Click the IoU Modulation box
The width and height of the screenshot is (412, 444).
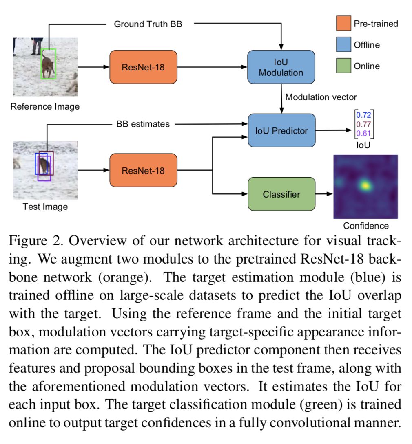(x=281, y=67)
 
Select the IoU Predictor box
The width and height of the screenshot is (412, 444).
(x=281, y=130)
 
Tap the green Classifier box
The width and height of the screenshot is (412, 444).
(x=281, y=194)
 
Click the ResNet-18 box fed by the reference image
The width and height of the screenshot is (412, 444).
(x=143, y=67)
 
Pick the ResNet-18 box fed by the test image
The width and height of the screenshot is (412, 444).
(x=143, y=170)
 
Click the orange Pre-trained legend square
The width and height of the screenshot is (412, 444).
(x=343, y=23)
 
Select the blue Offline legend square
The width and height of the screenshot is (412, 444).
(x=343, y=44)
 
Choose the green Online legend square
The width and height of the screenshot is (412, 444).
(x=343, y=66)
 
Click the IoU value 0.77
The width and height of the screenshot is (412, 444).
(x=363, y=124)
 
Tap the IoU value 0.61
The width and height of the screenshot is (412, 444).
(x=363, y=133)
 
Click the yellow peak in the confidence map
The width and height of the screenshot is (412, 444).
(x=365, y=186)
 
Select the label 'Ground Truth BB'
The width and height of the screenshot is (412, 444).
(x=148, y=24)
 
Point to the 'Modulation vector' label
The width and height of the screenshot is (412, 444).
(x=321, y=97)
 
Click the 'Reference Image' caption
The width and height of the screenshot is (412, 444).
(x=45, y=107)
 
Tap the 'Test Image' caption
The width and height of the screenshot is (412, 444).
(x=45, y=207)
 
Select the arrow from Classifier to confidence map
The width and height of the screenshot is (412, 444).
(x=324, y=194)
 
